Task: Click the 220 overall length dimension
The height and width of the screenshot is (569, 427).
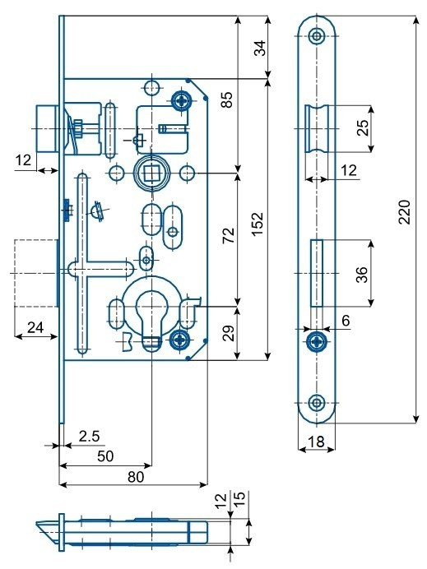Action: tap(405, 212)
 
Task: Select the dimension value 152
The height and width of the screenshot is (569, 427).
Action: tap(258, 224)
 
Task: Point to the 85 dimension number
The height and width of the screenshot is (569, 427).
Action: tap(226, 100)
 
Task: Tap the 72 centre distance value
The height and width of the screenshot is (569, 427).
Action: tap(229, 235)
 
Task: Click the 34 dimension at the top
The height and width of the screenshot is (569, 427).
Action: tap(260, 48)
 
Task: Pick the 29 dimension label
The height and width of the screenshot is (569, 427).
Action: tap(228, 333)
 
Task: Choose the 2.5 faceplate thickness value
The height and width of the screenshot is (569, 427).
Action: tap(89, 436)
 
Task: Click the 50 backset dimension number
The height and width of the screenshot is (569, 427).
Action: tap(105, 456)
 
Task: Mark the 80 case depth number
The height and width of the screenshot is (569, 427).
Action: tap(136, 476)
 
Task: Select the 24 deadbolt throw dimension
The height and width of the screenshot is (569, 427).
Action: tap(35, 327)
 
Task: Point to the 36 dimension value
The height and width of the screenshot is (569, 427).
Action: tap(362, 275)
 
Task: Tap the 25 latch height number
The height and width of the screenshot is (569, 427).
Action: tap(363, 127)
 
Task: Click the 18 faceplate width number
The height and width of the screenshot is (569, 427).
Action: tap(316, 442)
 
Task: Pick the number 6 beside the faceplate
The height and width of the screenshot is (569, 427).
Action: tap(346, 321)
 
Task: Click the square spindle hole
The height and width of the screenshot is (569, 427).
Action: tap(151, 173)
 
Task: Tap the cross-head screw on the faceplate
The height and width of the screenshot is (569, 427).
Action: tap(317, 342)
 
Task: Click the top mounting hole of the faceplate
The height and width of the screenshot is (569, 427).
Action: tap(317, 36)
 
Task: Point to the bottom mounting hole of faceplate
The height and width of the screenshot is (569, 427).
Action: tap(317, 402)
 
